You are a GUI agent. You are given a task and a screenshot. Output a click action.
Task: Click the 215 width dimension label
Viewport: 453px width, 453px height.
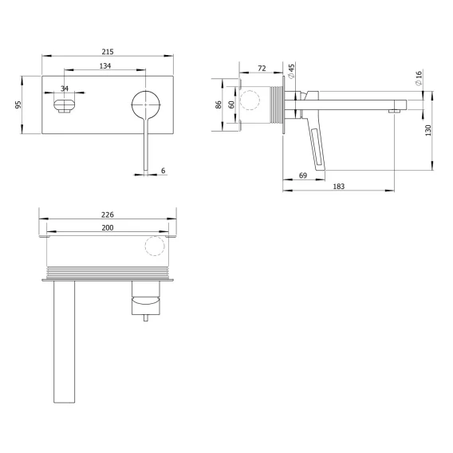tap(108, 52)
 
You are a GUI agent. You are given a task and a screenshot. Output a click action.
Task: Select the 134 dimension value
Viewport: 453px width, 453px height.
tap(105, 66)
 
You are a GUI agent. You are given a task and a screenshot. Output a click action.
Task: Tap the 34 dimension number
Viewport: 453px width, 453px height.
tap(65, 89)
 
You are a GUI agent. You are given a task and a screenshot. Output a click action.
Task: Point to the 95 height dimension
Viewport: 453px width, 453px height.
tap(18, 104)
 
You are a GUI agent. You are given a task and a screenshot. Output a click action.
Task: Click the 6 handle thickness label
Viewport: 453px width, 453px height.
tap(163, 171)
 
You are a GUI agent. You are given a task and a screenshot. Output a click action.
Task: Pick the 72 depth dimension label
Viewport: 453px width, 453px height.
tap(262, 69)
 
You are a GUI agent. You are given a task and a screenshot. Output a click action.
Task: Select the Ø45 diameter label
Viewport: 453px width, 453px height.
tap(291, 71)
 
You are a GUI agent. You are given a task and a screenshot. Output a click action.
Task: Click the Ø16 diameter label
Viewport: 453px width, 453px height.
tap(419, 77)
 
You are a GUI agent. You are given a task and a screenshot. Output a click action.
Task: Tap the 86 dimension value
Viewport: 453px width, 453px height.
tap(219, 104)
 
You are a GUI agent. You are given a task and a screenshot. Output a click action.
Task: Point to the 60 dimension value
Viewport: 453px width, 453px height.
tap(231, 104)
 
